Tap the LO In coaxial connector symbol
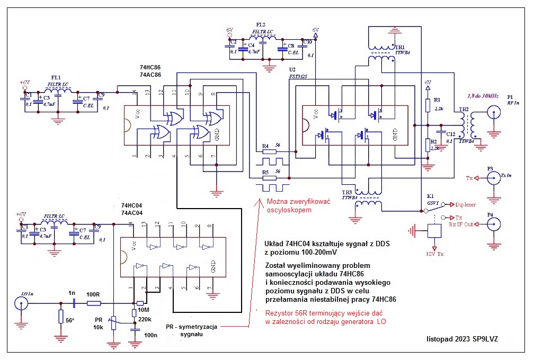coord(21,303)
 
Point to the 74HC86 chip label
coord(150,68)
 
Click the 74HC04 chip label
coord(132,205)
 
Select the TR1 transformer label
coord(400,48)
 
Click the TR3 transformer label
coord(347,192)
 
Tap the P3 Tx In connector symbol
coord(494,178)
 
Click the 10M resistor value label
coord(143,310)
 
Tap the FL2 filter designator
coord(261,25)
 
